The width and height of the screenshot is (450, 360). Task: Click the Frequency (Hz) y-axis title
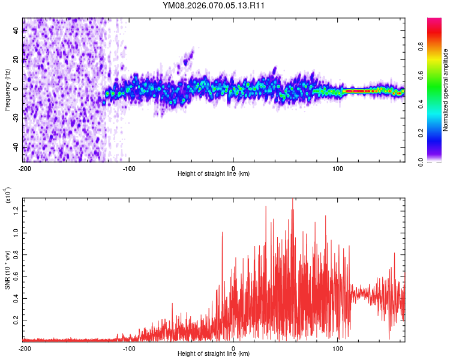[8, 89]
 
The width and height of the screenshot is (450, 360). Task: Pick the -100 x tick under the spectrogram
[129, 167]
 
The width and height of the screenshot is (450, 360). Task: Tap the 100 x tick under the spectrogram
[338, 167]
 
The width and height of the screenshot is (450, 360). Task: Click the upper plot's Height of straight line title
[214, 174]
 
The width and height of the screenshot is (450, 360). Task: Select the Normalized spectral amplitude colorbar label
[445, 90]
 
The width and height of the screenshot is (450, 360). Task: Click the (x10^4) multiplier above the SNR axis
[8, 195]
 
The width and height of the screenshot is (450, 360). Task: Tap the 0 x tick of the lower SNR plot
[233, 347]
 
